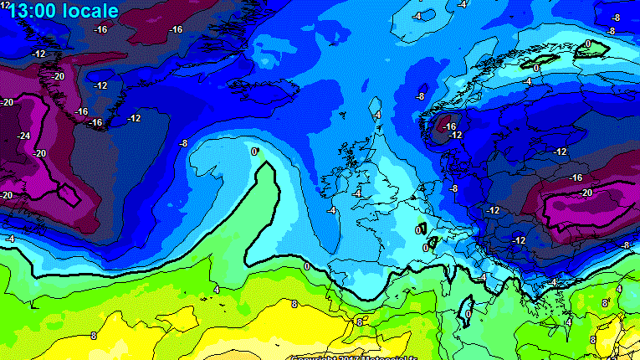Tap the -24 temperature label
pos(24,136)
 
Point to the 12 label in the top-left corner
pos(4,5)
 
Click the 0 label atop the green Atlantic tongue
pos(254,152)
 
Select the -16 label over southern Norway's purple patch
pos(450,126)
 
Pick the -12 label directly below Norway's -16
pos(456,135)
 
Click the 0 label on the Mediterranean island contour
pos(468,313)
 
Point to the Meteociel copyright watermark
pos(351,357)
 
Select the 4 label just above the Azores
pos(216,290)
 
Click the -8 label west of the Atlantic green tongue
pos(183,143)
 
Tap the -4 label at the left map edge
pos(10,239)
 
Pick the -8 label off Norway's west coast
pos(420,96)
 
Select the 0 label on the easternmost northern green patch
pos(588,44)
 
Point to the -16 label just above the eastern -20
pos(576,177)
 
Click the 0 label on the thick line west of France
pos(307,266)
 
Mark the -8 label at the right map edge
pos(626,244)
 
